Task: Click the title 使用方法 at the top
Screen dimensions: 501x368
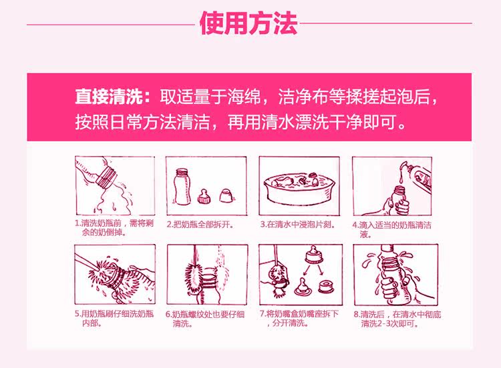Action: (248, 23)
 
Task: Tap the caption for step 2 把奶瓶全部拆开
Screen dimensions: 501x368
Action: (200, 225)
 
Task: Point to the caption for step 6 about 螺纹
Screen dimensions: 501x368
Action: (205, 319)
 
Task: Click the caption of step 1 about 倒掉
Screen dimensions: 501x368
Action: (114, 227)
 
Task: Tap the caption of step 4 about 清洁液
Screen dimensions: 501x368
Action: (391, 229)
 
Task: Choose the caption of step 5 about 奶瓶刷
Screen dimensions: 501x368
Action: (114, 318)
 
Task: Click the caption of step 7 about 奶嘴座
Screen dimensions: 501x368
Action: (299, 318)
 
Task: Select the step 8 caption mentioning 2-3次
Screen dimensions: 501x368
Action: (397, 319)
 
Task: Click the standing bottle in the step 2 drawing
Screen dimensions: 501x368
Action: (182, 187)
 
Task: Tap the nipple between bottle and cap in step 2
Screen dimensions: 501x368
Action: (204, 196)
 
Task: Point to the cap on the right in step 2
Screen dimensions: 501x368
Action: (226, 195)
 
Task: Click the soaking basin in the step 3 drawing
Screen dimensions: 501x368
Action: (299, 190)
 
